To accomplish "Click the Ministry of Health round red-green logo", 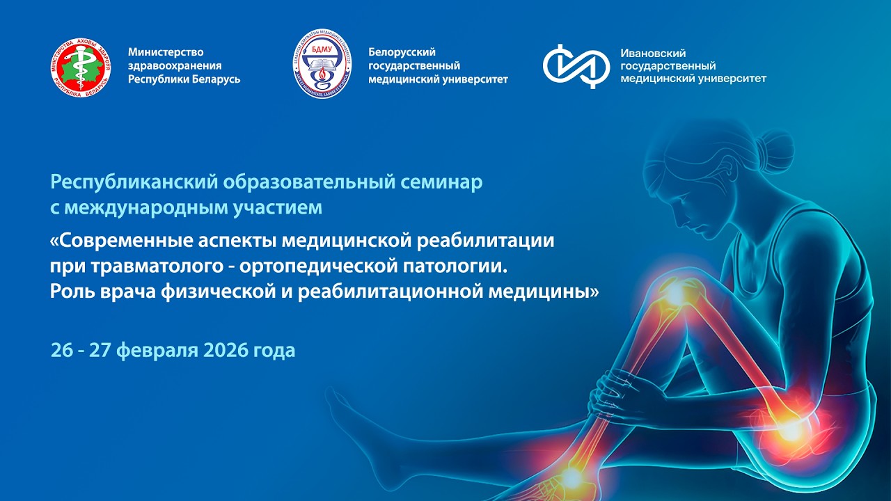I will (x=81, y=67).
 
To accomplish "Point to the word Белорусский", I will (x=402, y=52).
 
